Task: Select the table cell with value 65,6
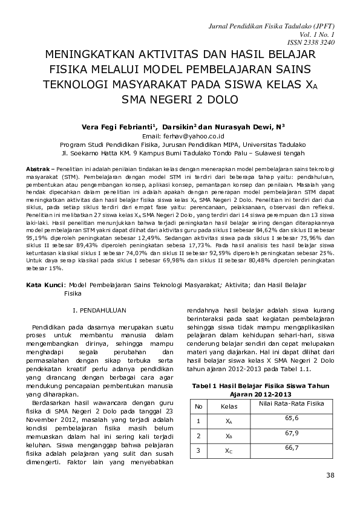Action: point(292,418)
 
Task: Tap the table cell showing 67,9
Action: point(292,433)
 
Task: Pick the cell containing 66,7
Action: point(292,448)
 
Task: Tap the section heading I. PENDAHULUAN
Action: point(99,310)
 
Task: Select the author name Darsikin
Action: point(180,127)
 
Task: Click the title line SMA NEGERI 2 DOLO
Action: point(180,99)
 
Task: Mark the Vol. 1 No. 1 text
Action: point(325,36)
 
